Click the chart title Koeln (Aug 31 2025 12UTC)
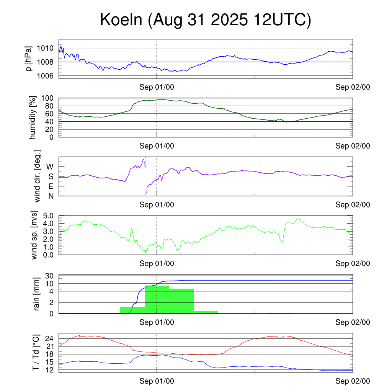pos(206,20)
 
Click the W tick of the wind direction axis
pos(50,167)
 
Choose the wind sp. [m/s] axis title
pos(35,235)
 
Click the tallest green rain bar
pos(157,299)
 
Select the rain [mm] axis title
pos(37,294)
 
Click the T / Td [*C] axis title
pos(36,353)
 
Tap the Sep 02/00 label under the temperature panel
pos(353,381)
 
